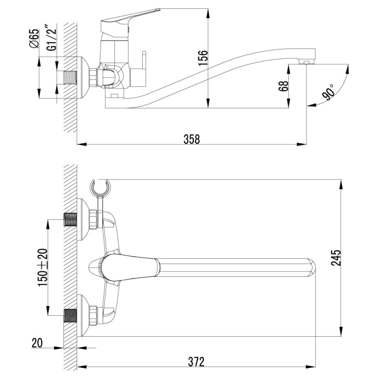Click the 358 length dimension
tap(191, 139)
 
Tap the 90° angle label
tap(329, 92)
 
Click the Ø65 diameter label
tap(34, 40)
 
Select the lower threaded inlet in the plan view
tap(70, 315)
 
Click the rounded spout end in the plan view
tap(312, 266)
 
